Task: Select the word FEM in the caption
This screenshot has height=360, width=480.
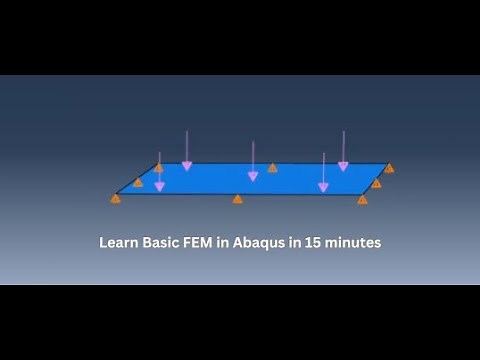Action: coord(197,243)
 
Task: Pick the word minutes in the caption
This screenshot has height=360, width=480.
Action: coord(351,243)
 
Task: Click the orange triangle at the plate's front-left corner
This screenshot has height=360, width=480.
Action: coord(116,199)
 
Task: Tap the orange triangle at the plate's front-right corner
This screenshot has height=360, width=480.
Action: coord(362,200)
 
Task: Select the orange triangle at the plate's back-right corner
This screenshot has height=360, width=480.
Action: coord(389,168)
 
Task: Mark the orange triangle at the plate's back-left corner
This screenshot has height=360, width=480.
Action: coord(158,168)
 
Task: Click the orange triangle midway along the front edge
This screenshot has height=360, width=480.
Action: coord(237,199)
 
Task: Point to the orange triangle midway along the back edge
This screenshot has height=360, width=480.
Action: coord(272,168)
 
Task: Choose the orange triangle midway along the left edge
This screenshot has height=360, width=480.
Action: coord(138,182)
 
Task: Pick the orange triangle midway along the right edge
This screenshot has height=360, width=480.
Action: coord(376,184)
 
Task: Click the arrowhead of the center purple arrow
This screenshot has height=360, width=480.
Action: coord(253,176)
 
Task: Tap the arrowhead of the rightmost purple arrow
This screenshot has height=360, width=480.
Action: coord(343,166)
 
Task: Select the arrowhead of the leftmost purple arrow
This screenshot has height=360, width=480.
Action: coord(159,186)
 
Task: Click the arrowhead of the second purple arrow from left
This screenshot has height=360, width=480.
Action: coord(186,166)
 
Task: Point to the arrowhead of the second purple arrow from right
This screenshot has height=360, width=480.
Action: coord(322,186)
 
